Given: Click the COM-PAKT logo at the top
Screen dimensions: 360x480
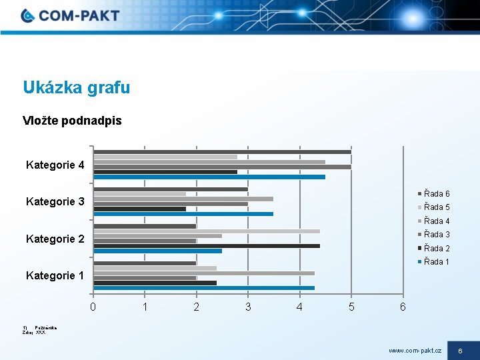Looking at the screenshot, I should [70, 15].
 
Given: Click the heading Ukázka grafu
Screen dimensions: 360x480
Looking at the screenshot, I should [77, 87].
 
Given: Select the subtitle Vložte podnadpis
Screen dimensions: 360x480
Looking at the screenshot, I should [72, 121].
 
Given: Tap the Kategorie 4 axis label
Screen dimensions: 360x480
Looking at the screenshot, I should [55, 165].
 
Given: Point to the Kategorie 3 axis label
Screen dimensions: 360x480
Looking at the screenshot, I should [55, 201].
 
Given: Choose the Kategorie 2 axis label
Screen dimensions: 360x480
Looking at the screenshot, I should [55, 239].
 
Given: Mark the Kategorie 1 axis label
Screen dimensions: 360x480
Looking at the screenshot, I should [55, 275].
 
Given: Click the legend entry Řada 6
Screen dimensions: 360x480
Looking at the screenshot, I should [437, 194].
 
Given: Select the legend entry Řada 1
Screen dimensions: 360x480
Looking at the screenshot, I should [437, 261].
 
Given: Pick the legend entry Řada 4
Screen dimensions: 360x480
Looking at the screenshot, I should [437, 221].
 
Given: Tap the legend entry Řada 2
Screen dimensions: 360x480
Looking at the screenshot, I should [437, 248].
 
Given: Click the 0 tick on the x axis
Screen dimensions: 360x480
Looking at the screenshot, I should [93, 307].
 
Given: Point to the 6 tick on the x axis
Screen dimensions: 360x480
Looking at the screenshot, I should [402, 307].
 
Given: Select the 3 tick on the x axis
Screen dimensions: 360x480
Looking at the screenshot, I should [248, 307].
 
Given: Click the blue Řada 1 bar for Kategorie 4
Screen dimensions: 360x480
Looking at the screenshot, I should [209, 177].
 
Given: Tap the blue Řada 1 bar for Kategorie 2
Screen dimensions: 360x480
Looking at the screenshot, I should [158, 251].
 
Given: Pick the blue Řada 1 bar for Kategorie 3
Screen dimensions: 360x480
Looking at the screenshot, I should [183, 214].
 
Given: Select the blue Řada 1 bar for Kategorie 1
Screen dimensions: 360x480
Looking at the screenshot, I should [204, 288].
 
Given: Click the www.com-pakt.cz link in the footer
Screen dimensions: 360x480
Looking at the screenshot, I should [415, 350].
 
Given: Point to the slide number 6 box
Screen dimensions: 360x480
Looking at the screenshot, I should [460, 350].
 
